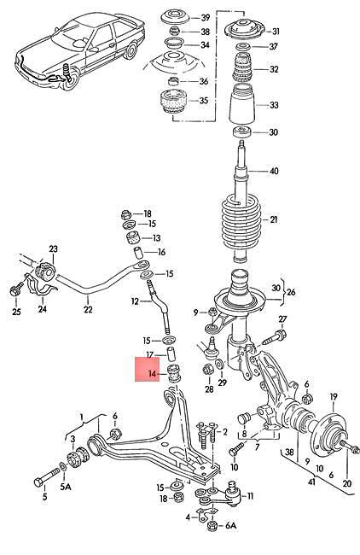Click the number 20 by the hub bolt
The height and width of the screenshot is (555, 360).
(346, 483)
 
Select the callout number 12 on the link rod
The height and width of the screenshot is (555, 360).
(135, 301)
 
